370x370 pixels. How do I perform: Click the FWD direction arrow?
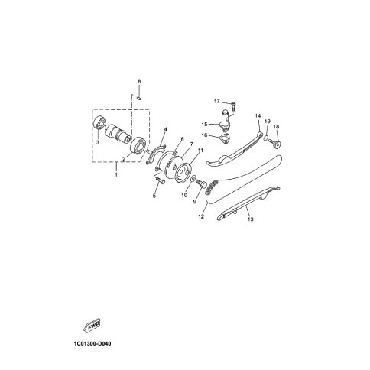[x=92, y=326]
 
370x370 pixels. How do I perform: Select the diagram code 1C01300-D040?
[x=92, y=344]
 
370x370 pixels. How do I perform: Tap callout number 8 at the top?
[x=139, y=81]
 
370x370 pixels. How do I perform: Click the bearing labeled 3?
[x=99, y=123]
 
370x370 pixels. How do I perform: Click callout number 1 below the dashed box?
[x=116, y=175]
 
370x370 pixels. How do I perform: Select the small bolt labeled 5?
[x=160, y=180]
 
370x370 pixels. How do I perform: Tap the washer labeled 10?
[x=193, y=177]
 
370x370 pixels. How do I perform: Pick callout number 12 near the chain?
[x=201, y=216]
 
